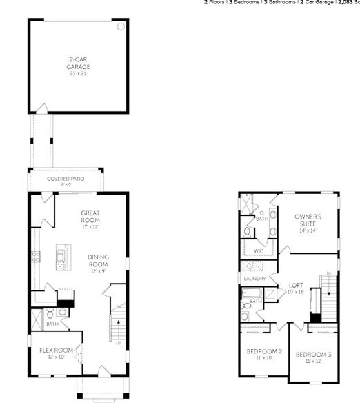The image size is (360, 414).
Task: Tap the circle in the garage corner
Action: (x=121, y=27)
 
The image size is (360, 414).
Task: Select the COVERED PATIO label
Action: (x=66, y=179)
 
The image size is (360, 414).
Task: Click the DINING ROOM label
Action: (x=98, y=261)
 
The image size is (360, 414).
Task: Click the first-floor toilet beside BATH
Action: (x=62, y=311)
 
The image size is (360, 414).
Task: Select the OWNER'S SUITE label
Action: (x=308, y=220)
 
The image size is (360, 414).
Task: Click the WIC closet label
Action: (x=259, y=250)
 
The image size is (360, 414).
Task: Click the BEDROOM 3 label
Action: (x=314, y=355)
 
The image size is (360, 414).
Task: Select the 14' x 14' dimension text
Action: (x=308, y=230)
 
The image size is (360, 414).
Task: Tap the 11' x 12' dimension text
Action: (x=314, y=362)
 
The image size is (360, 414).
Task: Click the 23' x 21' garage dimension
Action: (x=79, y=73)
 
